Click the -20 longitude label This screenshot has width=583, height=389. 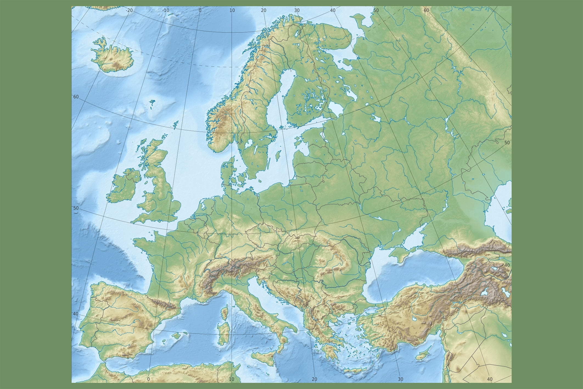click(129, 10)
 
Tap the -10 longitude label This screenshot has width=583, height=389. click(166, 10)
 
